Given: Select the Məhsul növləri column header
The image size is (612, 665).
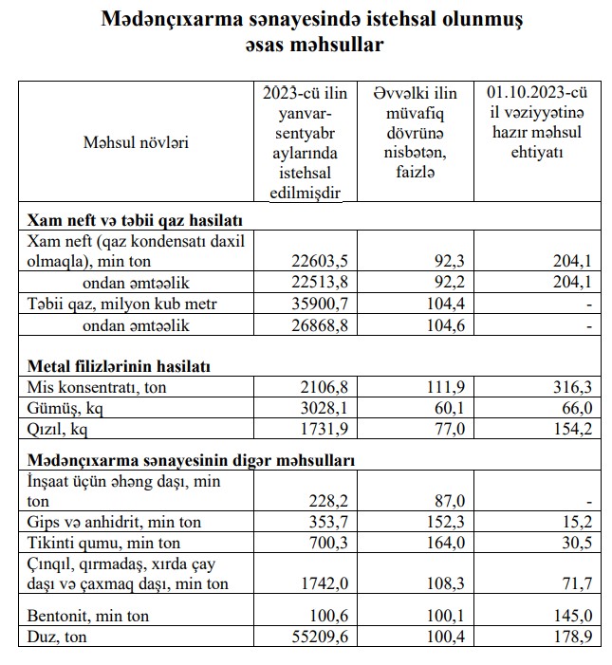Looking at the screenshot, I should (x=136, y=143).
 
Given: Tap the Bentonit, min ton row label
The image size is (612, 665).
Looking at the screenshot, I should (x=90, y=616).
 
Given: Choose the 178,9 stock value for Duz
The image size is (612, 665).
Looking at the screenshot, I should (x=573, y=637).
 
